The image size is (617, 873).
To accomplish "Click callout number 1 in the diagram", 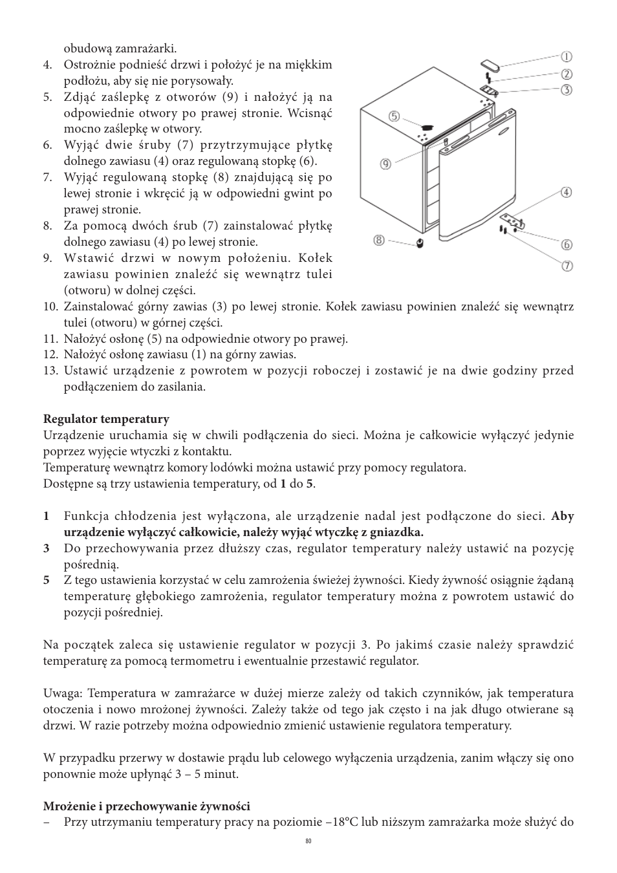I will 565,57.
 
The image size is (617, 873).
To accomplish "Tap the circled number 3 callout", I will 567,90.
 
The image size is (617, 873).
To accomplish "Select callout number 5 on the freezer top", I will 394,117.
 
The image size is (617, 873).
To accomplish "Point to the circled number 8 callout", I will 379,241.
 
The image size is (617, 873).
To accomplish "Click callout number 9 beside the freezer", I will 385,164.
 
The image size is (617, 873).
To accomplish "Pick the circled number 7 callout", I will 567,266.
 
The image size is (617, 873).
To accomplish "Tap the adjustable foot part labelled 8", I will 420,243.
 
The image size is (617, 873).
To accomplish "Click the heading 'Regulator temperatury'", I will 106,419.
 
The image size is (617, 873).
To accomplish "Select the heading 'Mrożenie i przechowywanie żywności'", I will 146,806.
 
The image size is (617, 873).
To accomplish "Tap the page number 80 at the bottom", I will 308,841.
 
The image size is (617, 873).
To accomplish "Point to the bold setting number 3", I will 47,548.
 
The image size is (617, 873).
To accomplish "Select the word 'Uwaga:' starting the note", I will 63,693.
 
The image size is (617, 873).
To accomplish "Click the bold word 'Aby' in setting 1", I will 562,516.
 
